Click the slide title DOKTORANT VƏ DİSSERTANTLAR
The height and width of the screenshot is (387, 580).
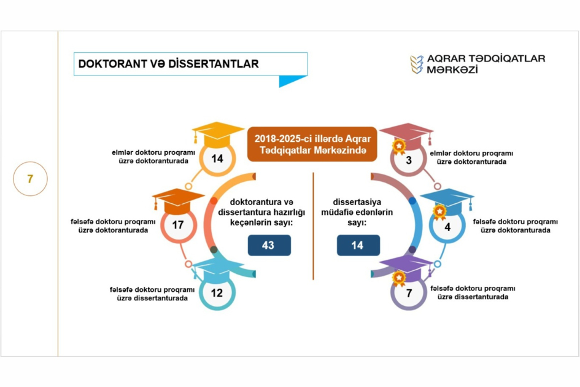click(168, 64)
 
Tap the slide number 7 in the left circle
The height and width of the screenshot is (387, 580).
click(30, 179)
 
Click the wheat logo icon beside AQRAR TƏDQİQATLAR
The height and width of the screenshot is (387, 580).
click(417, 64)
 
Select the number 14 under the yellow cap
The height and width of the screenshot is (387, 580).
click(217, 158)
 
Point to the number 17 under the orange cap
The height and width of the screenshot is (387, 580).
click(178, 225)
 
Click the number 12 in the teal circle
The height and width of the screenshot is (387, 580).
click(217, 293)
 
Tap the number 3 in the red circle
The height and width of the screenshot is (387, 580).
click(409, 160)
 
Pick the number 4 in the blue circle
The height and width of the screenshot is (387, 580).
click(447, 227)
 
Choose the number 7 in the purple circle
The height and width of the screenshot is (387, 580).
click(409, 293)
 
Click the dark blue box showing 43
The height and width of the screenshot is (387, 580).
click(269, 245)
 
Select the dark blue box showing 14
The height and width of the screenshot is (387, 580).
click(358, 245)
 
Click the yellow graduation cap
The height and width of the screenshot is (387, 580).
click(218, 134)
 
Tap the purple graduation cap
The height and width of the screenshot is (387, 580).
click(407, 267)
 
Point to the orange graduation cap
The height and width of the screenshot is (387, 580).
click(178, 201)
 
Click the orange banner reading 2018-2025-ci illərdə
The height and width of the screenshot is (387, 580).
click(312, 144)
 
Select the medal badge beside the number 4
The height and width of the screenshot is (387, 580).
click(439, 213)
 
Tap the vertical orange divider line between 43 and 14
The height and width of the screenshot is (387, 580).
click(313, 226)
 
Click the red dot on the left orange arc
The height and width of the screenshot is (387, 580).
click(214, 201)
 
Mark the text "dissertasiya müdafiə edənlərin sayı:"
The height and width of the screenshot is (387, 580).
click(357, 212)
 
